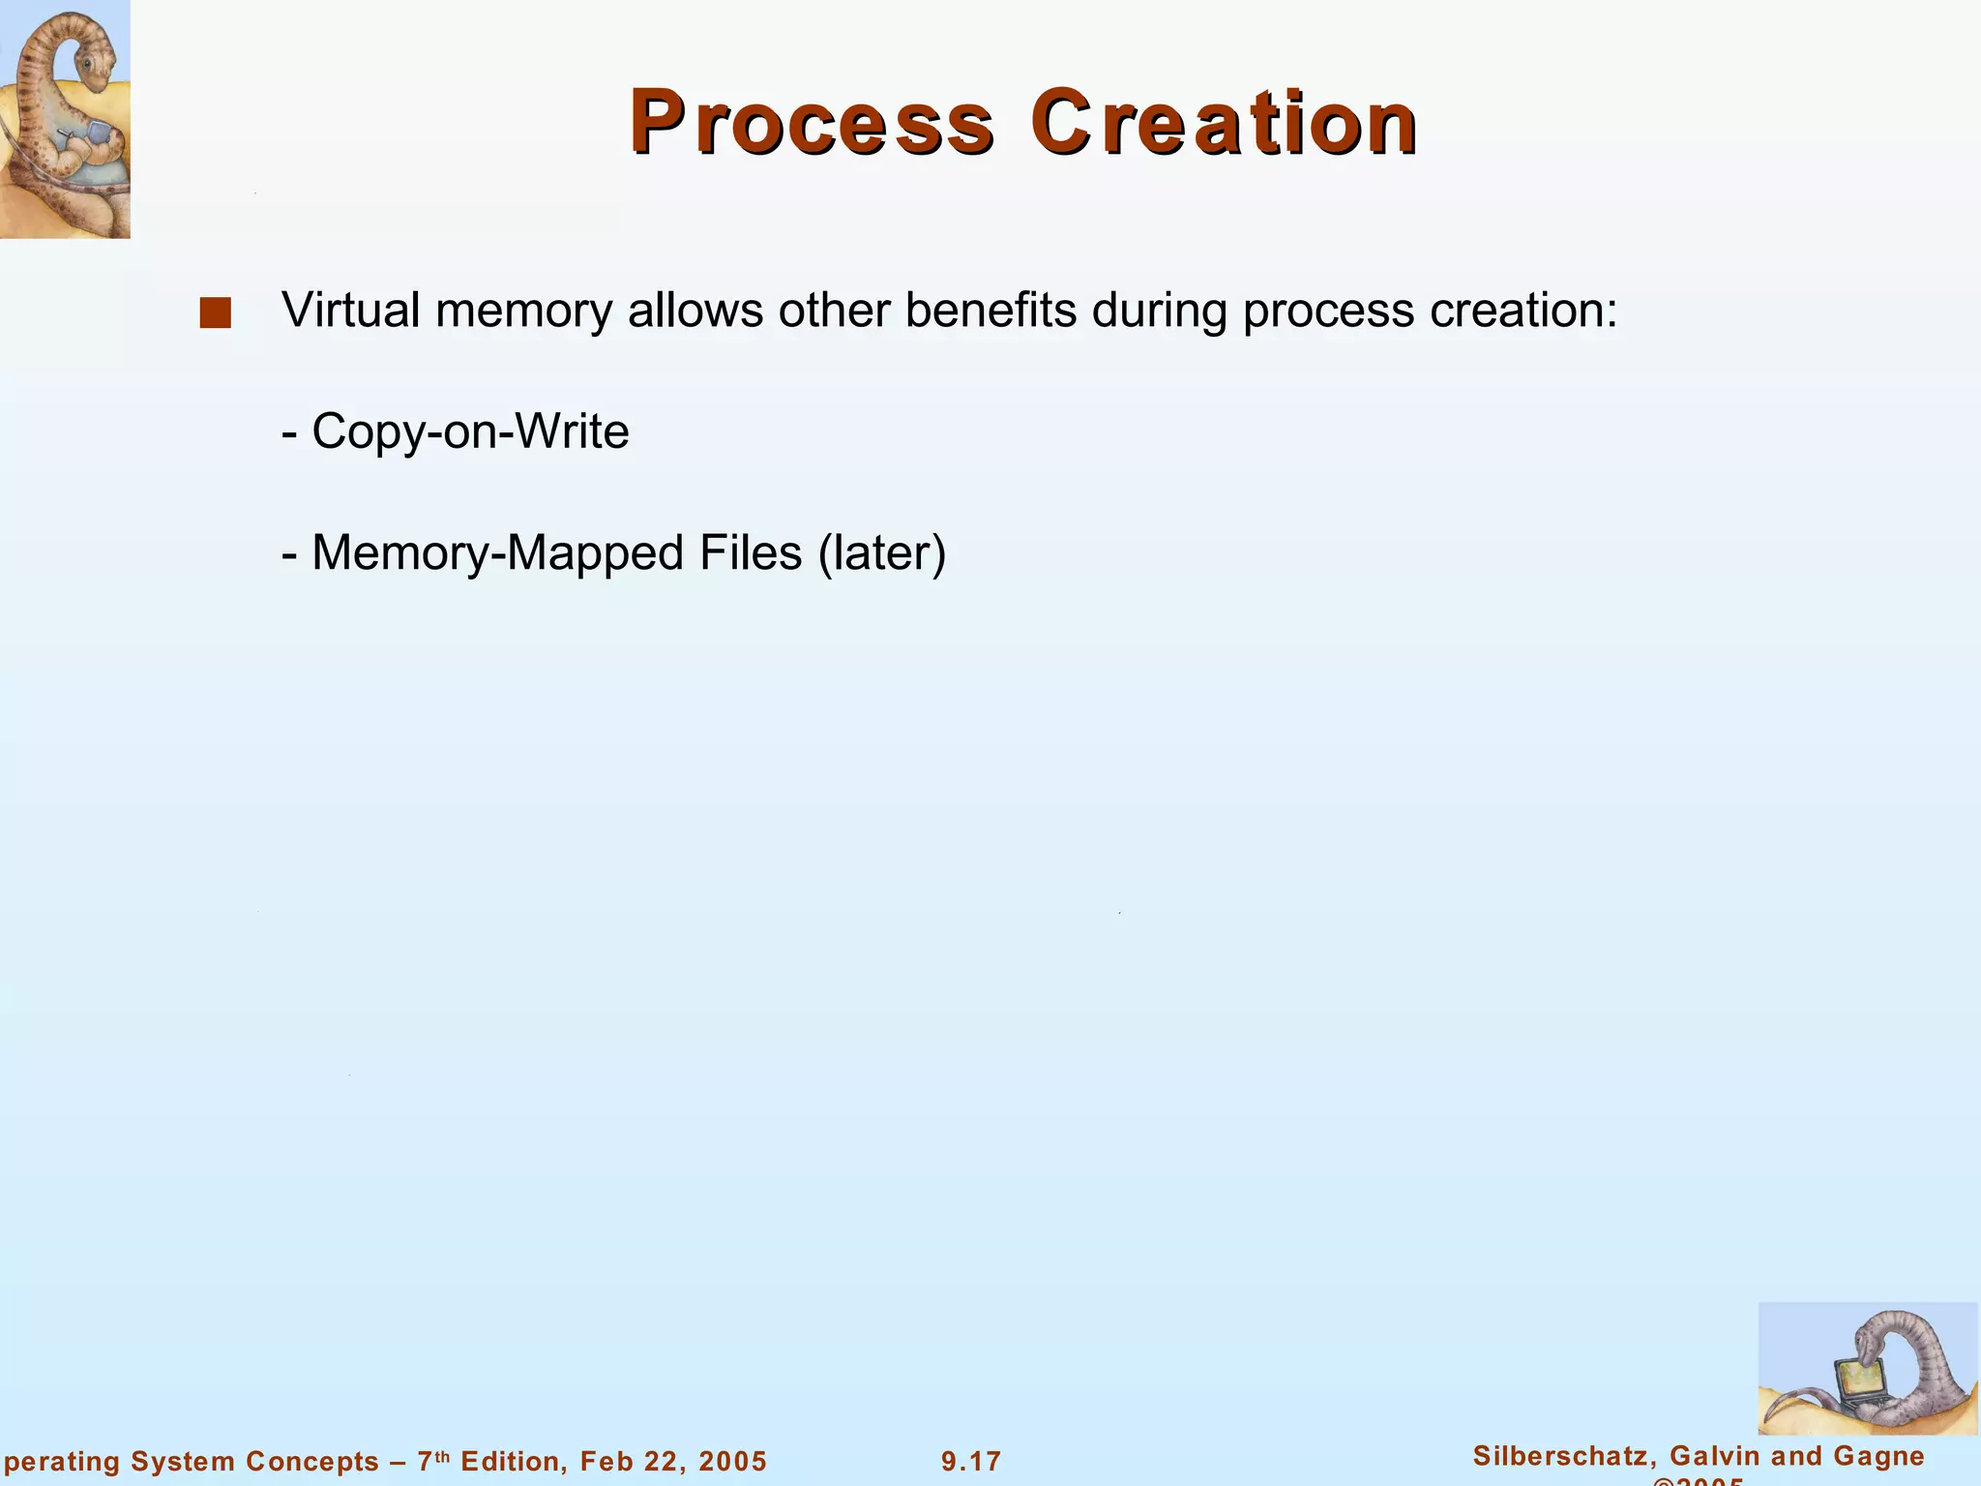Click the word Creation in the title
tap(1224, 123)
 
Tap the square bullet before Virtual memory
tap(215, 312)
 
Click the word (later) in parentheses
tap(882, 553)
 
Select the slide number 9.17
tap(971, 1462)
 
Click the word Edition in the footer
tap(507, 1462)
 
